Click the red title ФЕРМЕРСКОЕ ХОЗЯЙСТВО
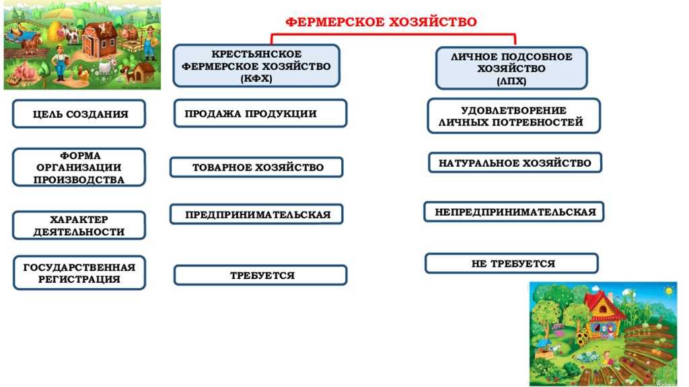point(381,21)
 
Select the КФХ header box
point(256,66)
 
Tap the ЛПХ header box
point(511,69)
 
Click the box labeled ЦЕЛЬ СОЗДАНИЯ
point(79,114)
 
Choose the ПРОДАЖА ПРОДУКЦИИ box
point(260,114)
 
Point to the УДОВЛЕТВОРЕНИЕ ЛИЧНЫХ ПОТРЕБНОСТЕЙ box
point(513,116)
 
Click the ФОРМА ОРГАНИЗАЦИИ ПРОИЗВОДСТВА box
point(79,167)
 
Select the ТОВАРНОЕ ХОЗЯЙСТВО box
point(256,167)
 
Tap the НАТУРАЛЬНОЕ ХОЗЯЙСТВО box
point(515,163)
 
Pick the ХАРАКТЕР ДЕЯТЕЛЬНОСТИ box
point(79,226)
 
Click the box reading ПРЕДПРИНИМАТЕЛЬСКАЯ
point(256,214)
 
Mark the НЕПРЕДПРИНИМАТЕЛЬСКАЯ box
point(514,212)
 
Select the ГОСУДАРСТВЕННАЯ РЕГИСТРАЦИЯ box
point(79,273)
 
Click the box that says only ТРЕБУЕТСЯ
point(260,275)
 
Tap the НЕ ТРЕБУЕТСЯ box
point(511,263)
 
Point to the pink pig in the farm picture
point(25,70)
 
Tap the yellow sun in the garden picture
point(669,290)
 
